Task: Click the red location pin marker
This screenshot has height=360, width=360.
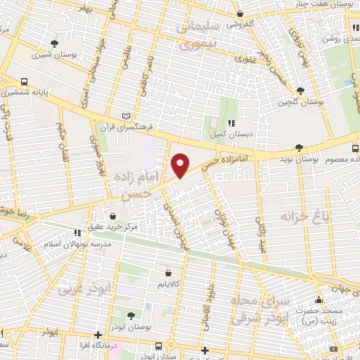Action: [181, 165]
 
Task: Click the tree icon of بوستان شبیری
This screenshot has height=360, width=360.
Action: [55, 44]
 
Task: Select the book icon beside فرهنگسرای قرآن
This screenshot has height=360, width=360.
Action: [127, 115]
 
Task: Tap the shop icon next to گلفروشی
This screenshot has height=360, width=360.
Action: [240, 13]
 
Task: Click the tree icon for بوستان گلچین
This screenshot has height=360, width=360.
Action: [300, 91]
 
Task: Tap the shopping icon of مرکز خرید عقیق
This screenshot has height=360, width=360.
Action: [112, 214]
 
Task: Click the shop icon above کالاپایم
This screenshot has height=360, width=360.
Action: [168, 273]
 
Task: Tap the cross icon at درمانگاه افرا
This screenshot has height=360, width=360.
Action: [98, 335]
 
